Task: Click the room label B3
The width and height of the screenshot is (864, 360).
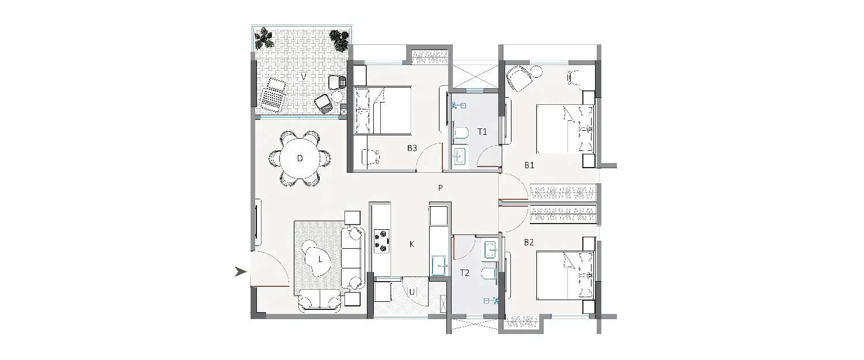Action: point(412,148)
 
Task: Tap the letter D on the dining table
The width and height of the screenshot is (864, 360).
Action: point(300,158)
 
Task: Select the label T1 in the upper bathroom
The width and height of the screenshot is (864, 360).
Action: point(483,132)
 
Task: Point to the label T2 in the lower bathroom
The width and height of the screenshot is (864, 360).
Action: point(465,274)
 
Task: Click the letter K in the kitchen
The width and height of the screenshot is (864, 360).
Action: point(412,244)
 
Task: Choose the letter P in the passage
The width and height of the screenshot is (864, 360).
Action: point(440,187)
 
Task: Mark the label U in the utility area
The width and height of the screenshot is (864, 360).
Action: point(412,292)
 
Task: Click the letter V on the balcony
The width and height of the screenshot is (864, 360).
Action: point(303,76)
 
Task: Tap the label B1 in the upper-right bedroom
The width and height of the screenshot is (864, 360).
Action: point(529,165)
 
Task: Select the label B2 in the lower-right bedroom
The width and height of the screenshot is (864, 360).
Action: point(529,242)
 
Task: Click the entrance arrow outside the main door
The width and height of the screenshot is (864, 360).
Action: point(241,272)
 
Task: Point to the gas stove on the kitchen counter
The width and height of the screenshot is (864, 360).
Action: point(381,240)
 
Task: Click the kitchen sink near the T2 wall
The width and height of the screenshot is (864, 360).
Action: point(438,266)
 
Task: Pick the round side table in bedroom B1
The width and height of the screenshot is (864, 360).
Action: point(537,72)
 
